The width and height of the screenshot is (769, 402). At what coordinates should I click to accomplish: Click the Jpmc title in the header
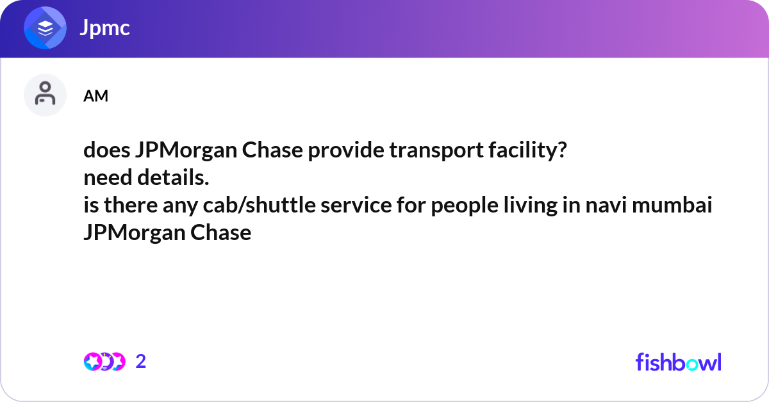click(105, 28)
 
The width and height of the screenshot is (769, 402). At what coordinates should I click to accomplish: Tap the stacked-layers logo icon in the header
click(45, 28)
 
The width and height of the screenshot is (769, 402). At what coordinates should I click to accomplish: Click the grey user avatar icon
click(45, 95)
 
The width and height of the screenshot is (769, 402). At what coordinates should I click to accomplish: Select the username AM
click(95, 96)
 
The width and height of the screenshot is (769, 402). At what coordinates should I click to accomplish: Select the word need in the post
click(105, 179)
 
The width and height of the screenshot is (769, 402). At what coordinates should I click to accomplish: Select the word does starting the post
click(107, 151)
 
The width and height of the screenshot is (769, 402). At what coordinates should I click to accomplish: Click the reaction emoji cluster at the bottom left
click(104, 362)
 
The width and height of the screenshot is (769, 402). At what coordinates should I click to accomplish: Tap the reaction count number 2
click(141, 362)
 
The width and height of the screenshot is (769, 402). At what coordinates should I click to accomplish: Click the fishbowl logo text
click(678, 362)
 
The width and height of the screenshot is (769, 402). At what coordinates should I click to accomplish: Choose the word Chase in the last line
click(221, 233)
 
